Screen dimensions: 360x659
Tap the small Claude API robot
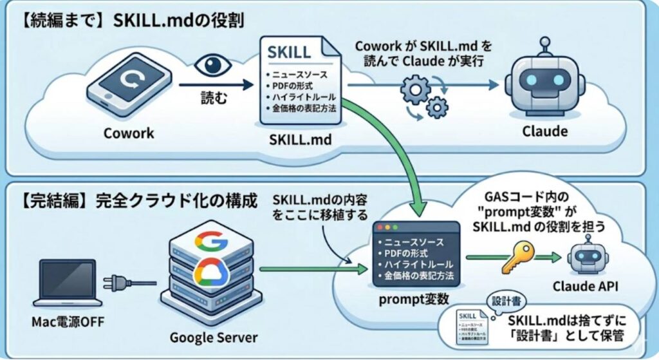click(x=586, y=253)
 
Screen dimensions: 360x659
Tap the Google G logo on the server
click(x=210, y=242)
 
